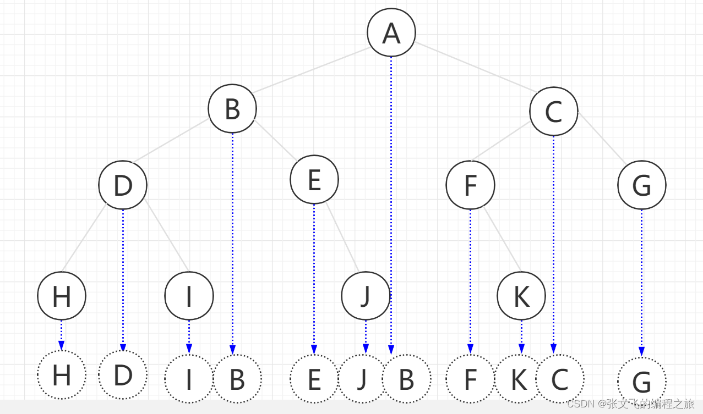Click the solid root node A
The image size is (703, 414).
[x=391, y=32]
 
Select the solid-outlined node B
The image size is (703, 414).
[x=232, y=109]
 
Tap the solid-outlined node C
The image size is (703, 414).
[x=553, y=111]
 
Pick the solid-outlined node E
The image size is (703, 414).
[x=314, y=180]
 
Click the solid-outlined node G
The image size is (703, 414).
[x=641, y=185]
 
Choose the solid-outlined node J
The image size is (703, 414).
[x=365, y=296]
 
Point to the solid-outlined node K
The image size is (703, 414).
[x=521, y=296]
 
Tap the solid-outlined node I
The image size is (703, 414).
[x=189, y=296]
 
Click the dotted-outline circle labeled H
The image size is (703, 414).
[x=61, y=375]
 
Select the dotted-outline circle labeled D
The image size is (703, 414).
[x=123, y=375]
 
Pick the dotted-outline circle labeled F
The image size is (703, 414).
[x=470, y=379]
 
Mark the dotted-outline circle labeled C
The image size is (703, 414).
[x=559, y=378]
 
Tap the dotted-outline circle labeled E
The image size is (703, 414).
[x=314, y=379]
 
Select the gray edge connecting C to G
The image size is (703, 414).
[x=602, y=140]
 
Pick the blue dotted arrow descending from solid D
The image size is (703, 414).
[x=123, y=275]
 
